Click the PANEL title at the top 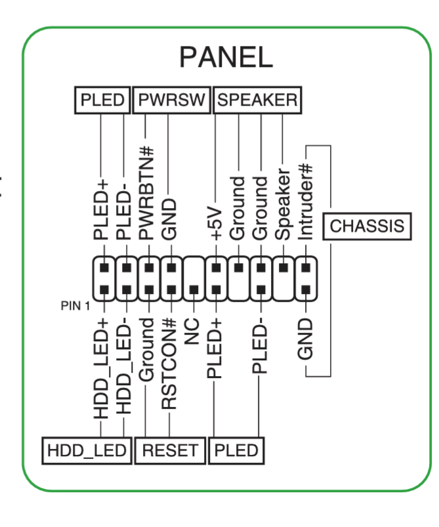(x=226, y=58)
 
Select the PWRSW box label (x=172, y=100)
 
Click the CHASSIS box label (x=367, y=226)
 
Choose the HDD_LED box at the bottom (x=86, y=450)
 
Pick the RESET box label (x=170, y=450)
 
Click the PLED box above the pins (x=102, y=100)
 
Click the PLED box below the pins (x=236, y=450)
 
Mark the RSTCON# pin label (x=170, y=365)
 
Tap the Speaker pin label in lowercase (x=283, y=206)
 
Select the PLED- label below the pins (x=261, y=348)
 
